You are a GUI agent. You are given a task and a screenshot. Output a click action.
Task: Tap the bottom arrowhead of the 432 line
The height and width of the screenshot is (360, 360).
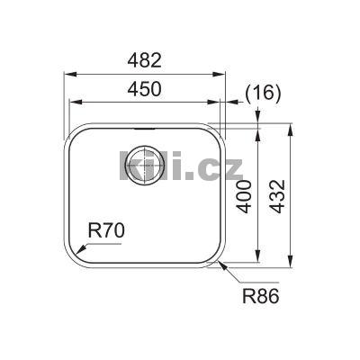click(291, 265)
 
